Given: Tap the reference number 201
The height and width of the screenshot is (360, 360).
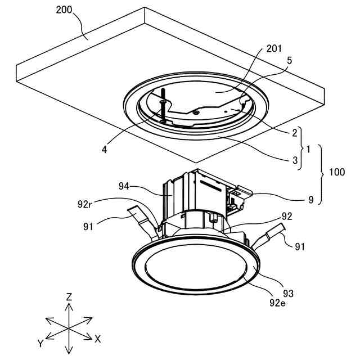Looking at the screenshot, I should point(274,49).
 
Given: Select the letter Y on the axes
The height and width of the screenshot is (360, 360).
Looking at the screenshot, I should point(40,343).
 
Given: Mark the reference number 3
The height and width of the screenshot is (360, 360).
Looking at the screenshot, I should point(294,160).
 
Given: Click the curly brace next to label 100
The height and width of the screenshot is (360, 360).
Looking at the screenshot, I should point(322,174).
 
